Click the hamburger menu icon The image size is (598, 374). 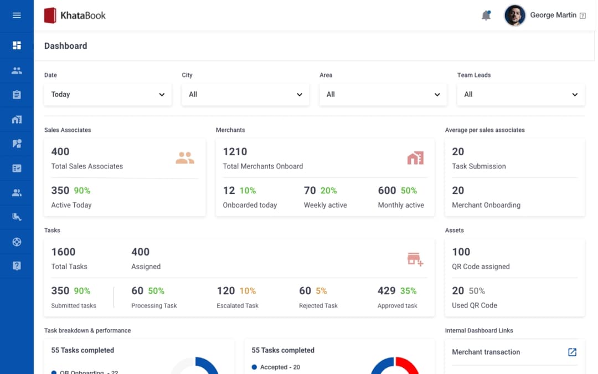pos(17,15)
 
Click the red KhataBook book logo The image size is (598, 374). pos(50,16)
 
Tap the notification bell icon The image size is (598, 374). pos(486,16)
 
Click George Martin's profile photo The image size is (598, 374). pos(514,16)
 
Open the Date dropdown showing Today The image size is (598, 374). pos(107,94)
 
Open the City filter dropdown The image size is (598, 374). pos(245,94)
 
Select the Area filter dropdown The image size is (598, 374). pos(383,94)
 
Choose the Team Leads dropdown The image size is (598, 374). pos(520,94)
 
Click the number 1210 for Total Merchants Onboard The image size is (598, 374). pos(235,152)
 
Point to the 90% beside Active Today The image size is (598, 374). pos(82,191)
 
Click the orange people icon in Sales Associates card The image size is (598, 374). pos(185,158)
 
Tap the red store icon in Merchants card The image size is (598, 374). pos(415,158)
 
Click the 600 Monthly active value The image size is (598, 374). pos(387,191)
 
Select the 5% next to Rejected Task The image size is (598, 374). pos(321,291)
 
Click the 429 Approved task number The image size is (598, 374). pos(386,291)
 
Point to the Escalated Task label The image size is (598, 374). pos(238,305)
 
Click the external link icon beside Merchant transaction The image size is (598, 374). pos(573,352)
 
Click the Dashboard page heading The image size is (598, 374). pos(65,46)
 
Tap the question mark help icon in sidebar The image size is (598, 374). pos(17,266)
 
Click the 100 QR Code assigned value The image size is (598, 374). pos(461,252)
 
